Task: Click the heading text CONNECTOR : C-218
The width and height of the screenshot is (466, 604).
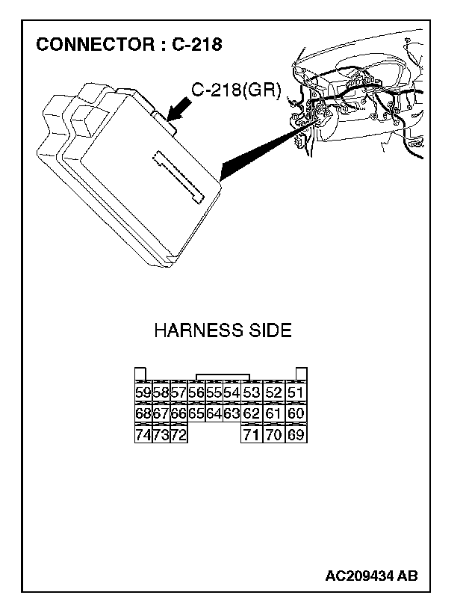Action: (128, 45)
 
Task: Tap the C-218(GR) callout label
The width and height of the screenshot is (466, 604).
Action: (236, 90)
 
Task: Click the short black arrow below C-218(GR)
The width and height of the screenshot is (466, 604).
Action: (178, 111)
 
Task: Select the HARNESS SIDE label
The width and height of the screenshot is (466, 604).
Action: (223, 330)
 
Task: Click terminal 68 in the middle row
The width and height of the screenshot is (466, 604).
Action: (142, 413)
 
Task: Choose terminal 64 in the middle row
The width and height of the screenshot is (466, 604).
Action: (214, 413)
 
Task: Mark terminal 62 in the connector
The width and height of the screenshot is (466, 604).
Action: (252, 413)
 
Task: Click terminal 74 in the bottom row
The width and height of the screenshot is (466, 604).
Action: (142, 434)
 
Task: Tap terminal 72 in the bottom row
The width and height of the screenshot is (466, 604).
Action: (178, 434)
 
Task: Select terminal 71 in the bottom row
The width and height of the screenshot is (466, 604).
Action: (252, 434)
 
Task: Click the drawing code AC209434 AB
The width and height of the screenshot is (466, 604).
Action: (371, 576)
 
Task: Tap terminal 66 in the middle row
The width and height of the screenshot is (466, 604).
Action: (178, 413)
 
